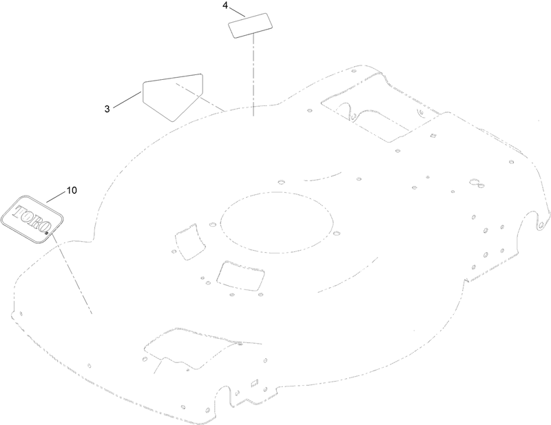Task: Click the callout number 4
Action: coord(225,6)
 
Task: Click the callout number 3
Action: coord(107,109)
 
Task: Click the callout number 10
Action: coord(72,190)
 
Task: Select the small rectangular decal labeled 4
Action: coord(251,25)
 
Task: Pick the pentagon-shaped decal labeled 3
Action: coord(173,97)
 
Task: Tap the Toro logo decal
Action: coord(32,219)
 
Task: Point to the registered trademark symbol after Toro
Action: coord(47,232)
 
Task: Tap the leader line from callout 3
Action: coord(127,99)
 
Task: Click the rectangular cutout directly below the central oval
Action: coord(240,276)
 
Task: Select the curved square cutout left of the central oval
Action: coord(190,242)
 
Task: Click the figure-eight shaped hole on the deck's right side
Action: coord(477,183)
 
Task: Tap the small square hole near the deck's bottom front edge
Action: coord(255,383)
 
